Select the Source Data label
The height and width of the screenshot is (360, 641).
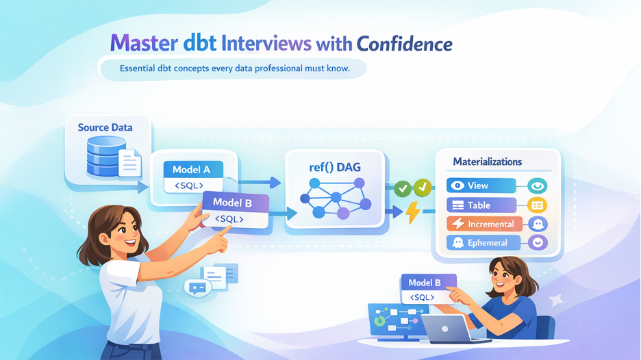[105, 127]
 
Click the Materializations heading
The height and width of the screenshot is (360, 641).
[488, 162]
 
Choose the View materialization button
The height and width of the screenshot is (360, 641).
[480, 185]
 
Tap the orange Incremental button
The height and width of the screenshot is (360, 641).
[485, 224]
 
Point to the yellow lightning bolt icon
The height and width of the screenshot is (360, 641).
[413, 212]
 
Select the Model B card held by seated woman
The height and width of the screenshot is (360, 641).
[428, 289]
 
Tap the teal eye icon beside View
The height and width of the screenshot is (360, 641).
[538, 185]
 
